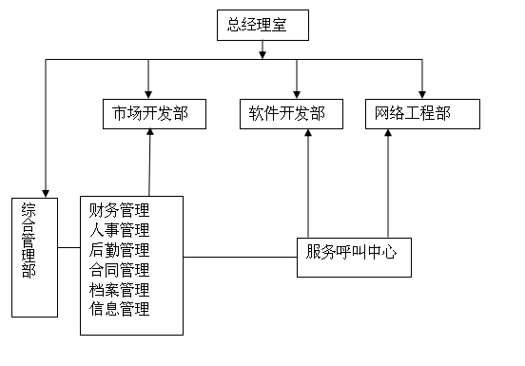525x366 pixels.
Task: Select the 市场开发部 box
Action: point(154,114)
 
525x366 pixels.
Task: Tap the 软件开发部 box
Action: point(287,114)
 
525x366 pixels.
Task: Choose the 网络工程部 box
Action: point(421,114)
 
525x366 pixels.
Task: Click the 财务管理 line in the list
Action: point(119,210)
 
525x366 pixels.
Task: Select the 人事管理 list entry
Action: point(119,230)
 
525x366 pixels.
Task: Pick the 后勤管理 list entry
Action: point(119,250)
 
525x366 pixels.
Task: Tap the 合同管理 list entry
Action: point(119,270)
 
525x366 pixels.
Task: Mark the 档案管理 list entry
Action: point(119,290)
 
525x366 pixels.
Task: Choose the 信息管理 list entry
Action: point(119,309)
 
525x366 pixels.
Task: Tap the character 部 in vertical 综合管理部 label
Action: point(29,270)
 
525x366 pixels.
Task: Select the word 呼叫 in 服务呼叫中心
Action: point(351,252)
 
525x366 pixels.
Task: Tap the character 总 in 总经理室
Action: point(234,26)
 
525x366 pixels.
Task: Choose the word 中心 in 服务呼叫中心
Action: point(381,252)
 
